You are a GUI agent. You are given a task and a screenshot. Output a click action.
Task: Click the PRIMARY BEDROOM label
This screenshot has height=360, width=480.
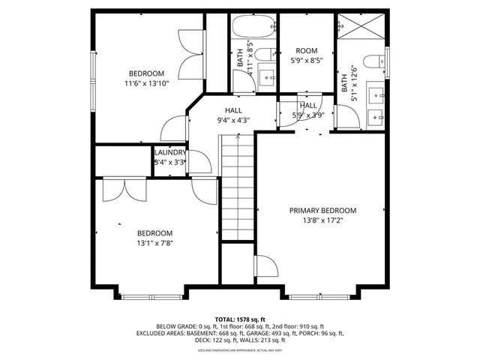pyautogui.click(x=322, y=211)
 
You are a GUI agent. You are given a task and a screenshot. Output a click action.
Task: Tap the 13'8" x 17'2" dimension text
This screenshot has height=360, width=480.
pyautogui.click(x=322, y=221)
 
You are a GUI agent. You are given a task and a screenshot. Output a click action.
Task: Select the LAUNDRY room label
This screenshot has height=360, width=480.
pyautogui.click(x=170, y=152)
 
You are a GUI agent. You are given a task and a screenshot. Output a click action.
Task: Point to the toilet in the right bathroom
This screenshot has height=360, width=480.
pyautogui.click(x=372, y=61)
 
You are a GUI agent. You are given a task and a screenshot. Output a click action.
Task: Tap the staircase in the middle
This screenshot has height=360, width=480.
pyautogui.click(x=238, y=187)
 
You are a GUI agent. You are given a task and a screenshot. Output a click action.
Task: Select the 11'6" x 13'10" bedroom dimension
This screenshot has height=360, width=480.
pyautogui.click(x=148, y=84)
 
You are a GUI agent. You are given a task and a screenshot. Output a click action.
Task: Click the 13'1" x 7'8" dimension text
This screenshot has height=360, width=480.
pyautogui.click(x=155, y=244)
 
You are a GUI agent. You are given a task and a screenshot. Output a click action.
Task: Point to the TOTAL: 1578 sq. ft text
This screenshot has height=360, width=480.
pyautogui.click(x=240, y=319)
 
